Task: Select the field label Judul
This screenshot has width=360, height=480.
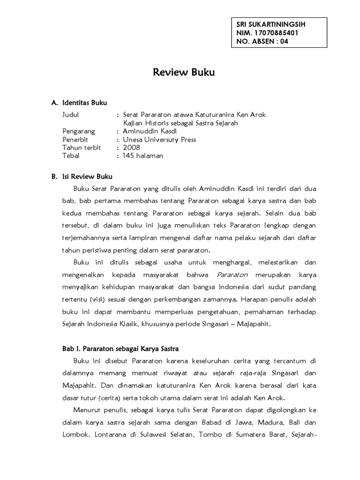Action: tap(71, 114)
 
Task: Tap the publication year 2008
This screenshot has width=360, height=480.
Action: tap(131, 148)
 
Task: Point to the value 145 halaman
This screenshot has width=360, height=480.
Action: tap(143, 156)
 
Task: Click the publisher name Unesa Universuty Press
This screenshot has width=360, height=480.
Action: tap(159, 139)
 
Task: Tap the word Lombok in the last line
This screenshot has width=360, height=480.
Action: tap(74, 434)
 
